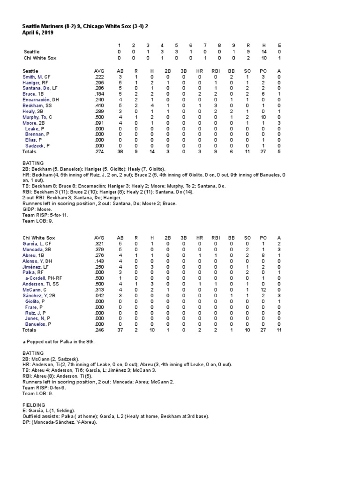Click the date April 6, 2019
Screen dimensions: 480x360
click(37, 33)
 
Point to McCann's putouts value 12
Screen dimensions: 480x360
click(262, 292)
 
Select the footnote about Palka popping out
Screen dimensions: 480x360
click(59, 342)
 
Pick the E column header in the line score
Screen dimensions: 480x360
click(279, 45)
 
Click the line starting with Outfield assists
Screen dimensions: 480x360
click(115, 416)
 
